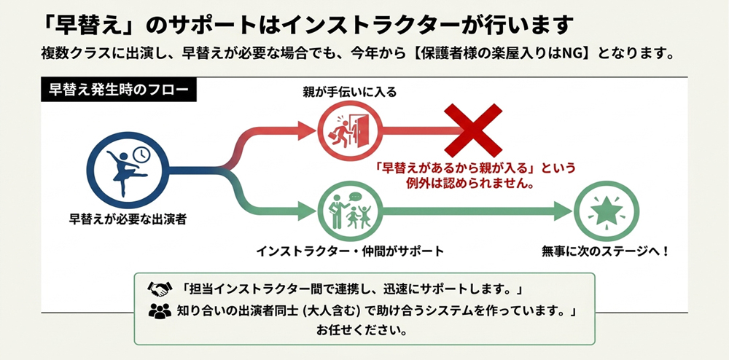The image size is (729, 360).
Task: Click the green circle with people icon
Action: pos(347,211)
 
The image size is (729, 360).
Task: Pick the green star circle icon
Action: pos(604,211)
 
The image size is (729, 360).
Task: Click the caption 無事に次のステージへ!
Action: pos(605,251)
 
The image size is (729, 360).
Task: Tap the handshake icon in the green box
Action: pos(159,286)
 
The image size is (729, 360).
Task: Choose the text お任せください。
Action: pos(362,330)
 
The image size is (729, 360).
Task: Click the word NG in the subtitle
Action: pos(577,54)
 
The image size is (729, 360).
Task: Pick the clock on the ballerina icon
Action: pos(141,154)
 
